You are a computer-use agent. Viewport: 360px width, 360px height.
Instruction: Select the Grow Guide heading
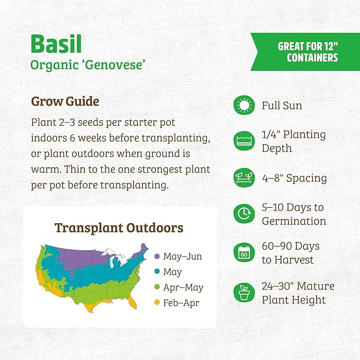click(65, 101)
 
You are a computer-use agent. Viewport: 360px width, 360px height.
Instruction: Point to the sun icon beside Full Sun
click(244, 106)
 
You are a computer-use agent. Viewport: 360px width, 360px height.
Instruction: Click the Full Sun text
click(282, 106)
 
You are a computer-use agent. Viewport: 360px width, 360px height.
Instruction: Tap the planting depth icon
click(244, 141)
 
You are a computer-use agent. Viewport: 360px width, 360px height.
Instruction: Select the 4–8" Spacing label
click(294, 178)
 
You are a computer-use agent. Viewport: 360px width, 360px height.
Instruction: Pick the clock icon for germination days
click(244, 214)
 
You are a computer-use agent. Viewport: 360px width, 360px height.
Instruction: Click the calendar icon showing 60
click(244, 253)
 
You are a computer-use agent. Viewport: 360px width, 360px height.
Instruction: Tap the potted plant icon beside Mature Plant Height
click(244, 292)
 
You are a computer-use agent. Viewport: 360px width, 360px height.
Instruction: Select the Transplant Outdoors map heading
click(119, 228)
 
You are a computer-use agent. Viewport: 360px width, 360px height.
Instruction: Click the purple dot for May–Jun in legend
click(156, 257)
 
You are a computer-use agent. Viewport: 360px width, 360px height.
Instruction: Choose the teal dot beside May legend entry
click(156, 272)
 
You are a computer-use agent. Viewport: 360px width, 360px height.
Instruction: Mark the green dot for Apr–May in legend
click(156, 287)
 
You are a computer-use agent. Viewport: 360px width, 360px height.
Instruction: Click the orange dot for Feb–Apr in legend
click(156, 303)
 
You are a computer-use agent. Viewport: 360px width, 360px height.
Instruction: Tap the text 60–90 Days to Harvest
click(291, 253)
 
